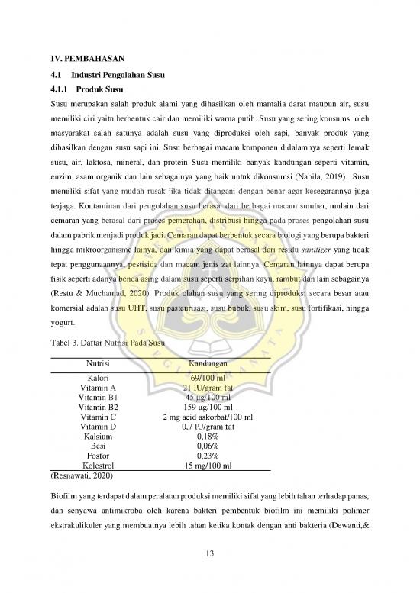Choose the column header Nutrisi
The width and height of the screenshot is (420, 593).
coord(97,364)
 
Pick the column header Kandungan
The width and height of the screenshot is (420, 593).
coord(208,364)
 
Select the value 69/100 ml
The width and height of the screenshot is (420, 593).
coord(208,378)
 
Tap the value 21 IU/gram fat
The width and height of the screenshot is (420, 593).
coord(208,388)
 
